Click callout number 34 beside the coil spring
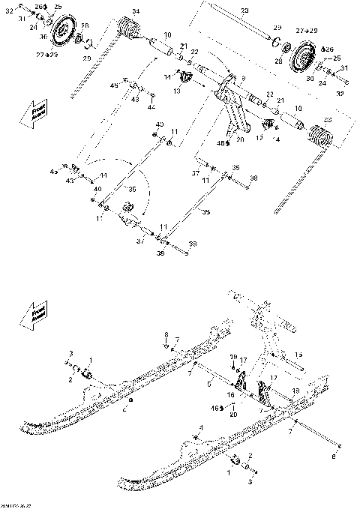136,10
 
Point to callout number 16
231,393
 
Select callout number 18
294,391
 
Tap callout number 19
233,357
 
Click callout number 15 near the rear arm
298,354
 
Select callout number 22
195,52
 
